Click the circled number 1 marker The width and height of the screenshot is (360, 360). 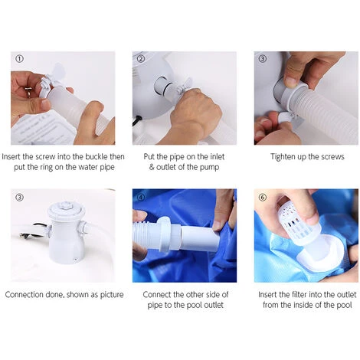(x=20, y=59)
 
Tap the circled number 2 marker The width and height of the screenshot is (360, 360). (x=141, y=59)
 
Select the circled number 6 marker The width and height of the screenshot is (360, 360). (x=263, y=197)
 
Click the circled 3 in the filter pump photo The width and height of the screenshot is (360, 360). (x=20, y=197)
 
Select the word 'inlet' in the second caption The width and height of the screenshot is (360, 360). (x=217, y=156)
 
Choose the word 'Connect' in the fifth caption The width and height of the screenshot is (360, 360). (x=157, y=295)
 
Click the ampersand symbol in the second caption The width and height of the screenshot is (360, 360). (x=152, y=168)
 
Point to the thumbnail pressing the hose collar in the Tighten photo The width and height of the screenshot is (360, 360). (x=291, y=82)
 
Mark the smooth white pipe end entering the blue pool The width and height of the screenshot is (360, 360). (x=200, y=238)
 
